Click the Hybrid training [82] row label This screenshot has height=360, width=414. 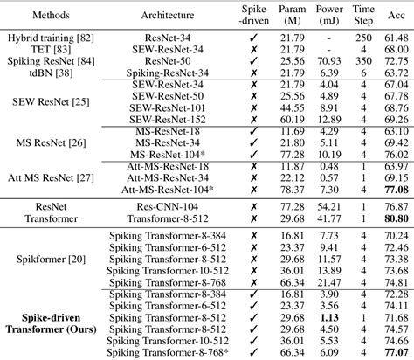pos(39,40)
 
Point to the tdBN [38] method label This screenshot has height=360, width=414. pos(39,73)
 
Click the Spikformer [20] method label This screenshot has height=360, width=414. pos(39,260)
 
